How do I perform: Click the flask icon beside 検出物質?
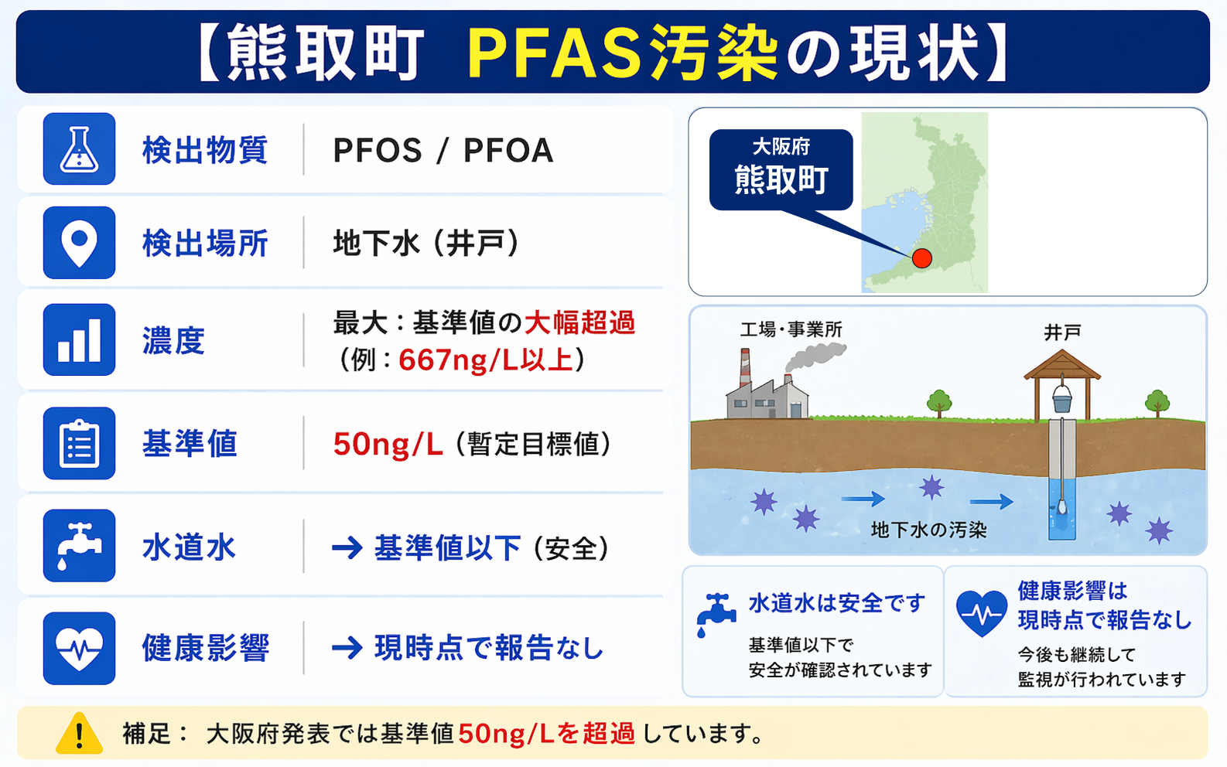pyautogui.click(x=79, y=149)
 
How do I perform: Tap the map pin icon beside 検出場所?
pyautogui.click(x=79, y=243)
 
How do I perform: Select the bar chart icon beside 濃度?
pyautogui.click(x=79, y=339)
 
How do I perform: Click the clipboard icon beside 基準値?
pyautogui.click(x=79, y=443)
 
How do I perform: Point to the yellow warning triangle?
pyautogui.click(x=80, y=734)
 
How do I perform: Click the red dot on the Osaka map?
pyautogui.click(x=922, y=257)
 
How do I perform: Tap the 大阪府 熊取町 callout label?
pyautogui.click(x=781, y=170)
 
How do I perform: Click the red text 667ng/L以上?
pyautogui.click(x=486, y=360)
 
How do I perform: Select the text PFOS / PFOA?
pyautogui.click(x=443, y=151)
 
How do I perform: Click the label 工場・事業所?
pyautogui.click(x=791, y=329)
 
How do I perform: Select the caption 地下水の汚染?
pyautogui.click(x=928, y=530)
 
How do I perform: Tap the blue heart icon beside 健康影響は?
pyautogui.click(x=982, y=613)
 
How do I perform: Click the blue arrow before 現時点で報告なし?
pyautogui.click(x=347, y=649)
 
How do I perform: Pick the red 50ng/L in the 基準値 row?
pyautogui.click(x=388, y=444)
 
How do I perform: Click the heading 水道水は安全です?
pyautogui.click(x=837, y=603)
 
